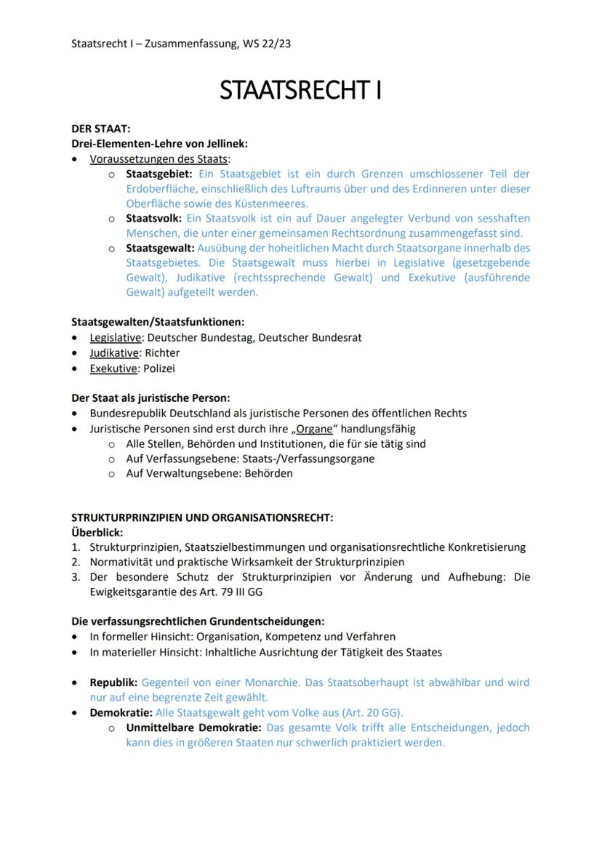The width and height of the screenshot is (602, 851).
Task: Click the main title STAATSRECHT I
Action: click(300, 90)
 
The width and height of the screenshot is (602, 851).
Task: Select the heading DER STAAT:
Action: click(100, 129)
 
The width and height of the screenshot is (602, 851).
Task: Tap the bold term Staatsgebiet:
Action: click(158, 174)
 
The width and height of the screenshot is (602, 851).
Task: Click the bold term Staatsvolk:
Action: click(154, 218)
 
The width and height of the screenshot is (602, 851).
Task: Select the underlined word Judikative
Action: click(114, 352)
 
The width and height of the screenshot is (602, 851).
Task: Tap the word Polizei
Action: click(159, 368)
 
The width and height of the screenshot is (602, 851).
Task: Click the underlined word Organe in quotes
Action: click(314, 429)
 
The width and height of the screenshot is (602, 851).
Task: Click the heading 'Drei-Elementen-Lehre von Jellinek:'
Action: click(159, 144)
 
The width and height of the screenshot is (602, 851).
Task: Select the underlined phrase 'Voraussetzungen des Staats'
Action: click(158, 158)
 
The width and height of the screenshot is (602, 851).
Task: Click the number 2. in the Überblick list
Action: click(76, 562)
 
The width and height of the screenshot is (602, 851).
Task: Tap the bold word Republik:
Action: click(113, 682)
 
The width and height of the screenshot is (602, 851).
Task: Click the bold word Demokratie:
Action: click(121, 713)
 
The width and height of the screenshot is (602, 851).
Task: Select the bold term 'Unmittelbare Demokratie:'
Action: click(193, 727)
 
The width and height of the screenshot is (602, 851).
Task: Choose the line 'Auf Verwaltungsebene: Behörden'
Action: click(209, 473)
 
